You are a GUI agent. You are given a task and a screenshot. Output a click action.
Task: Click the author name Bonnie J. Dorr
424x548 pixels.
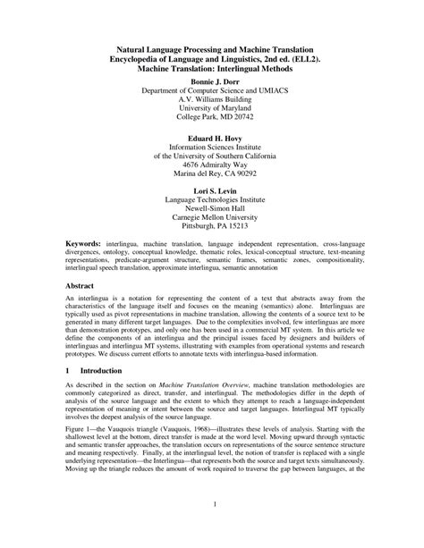click(x=211, y=80)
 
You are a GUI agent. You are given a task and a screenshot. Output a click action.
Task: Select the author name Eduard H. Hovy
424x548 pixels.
click(x=211, y=140)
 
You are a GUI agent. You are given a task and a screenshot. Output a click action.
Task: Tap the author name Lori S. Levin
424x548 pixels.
click(x=211, y=190)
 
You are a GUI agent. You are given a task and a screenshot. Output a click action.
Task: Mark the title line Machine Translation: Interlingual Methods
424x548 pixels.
click(x=212, y=66)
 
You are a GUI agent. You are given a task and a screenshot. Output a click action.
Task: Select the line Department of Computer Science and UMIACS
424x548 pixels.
click(x=211, y=90)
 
